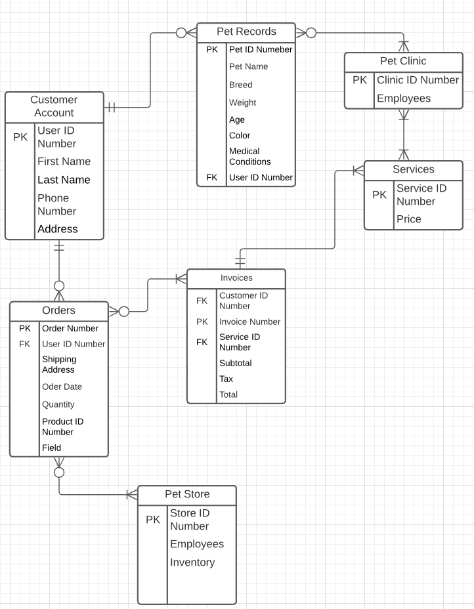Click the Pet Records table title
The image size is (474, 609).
(246, 31)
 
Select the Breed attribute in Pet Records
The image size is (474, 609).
(240, 85)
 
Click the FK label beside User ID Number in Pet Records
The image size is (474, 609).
(211, 177)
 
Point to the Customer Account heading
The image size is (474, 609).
(54, 106)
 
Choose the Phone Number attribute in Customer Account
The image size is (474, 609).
(56, 205)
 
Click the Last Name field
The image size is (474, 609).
(64, 180)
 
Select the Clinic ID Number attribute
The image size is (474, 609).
(418, 80)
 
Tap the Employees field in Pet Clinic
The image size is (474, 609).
(403, 98)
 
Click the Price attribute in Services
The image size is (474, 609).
(408, 219)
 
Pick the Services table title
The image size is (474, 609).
(413, 169)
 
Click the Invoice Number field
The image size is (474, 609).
(249, 322)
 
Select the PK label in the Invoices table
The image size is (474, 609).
(202, 322)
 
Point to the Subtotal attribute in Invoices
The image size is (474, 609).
(235, 363)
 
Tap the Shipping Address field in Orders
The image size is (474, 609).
(59, 364)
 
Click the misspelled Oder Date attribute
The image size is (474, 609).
(62, 387)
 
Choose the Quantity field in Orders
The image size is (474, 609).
(58, 404)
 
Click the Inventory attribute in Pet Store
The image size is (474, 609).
(192, 562)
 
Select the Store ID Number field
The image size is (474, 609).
(189, 520)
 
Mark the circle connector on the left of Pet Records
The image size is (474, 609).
(181, 33)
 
